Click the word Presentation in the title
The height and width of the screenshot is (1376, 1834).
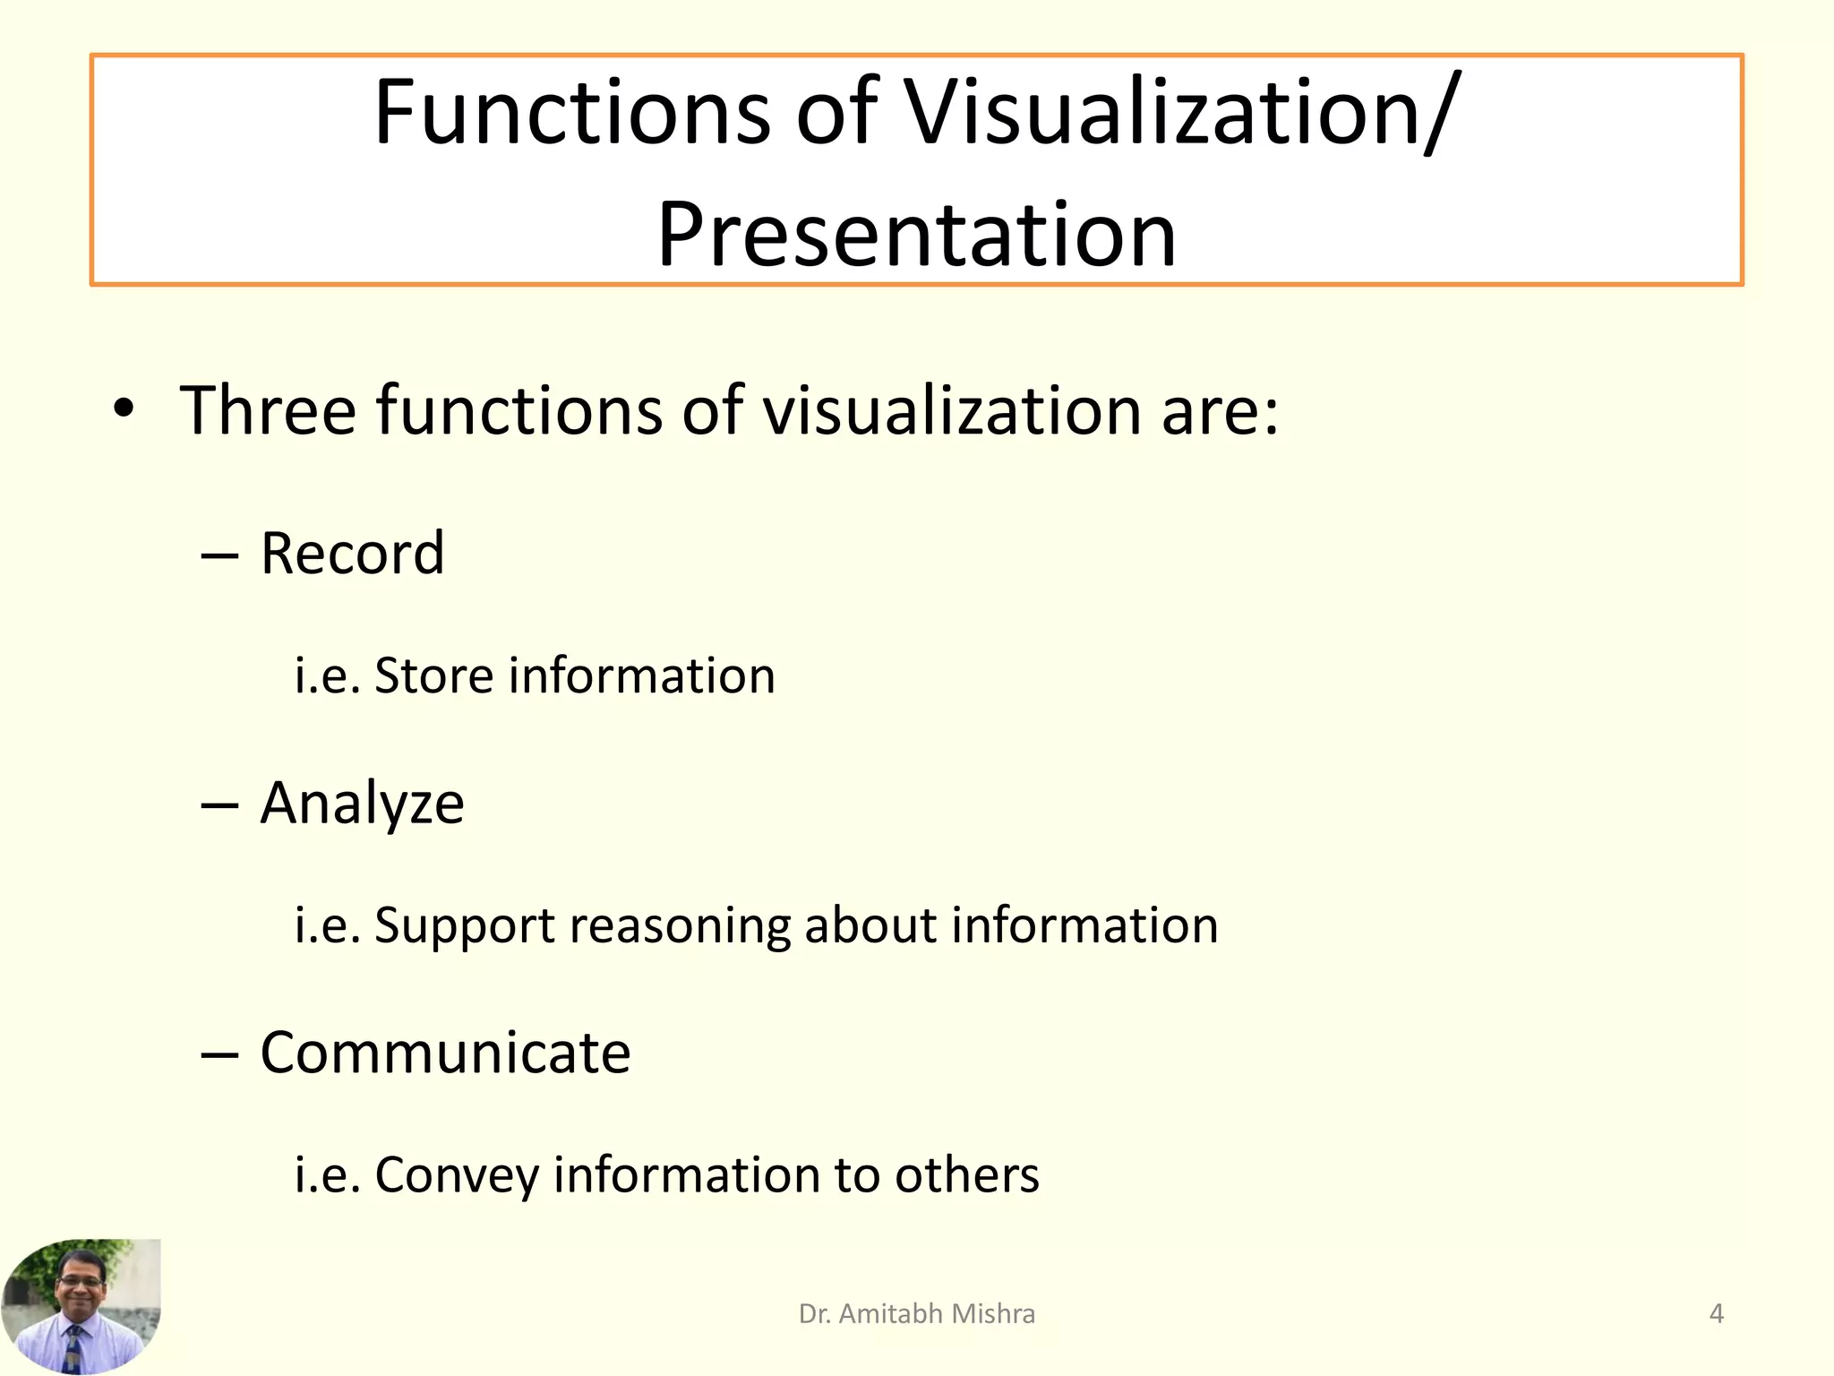click(915, 235)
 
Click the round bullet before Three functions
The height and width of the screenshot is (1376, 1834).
click(124, 409)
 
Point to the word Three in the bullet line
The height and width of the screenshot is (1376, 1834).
click(268, 410)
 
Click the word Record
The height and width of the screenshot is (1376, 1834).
click(352, 553)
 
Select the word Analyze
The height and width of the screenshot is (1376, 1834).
click(362, 803)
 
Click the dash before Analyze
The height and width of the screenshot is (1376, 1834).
click(219, 804)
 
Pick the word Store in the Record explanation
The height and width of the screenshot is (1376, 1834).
click(433, 675)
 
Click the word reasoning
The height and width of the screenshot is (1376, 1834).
click(680, 925)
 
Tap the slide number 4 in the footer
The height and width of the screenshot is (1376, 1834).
click(1716, 1313)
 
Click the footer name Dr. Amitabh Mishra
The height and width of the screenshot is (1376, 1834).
click(916, 1313)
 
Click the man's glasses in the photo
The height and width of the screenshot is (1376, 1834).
click(81, 1281)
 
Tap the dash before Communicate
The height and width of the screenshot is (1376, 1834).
click(219, 1054)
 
